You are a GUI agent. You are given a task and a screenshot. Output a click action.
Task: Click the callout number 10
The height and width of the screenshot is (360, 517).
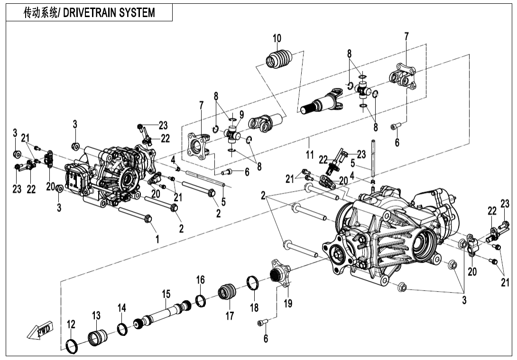tap(277, 38)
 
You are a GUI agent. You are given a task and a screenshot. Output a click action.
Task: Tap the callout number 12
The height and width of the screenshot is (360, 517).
tap(71, 324)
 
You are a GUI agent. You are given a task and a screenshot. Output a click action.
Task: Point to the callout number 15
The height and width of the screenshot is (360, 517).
tap(166, 294)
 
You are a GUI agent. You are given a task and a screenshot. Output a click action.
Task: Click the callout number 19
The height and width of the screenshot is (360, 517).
tap(288, 304)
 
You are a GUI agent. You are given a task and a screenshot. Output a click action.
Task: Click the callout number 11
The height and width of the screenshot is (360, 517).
tap(310, 154)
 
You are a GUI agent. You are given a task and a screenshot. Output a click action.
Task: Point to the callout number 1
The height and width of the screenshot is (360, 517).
tap(157, 239)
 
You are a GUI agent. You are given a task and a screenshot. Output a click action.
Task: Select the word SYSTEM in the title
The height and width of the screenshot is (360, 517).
tap(137, 12)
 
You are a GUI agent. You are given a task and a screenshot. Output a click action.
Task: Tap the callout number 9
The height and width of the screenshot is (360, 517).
tap(241, 114)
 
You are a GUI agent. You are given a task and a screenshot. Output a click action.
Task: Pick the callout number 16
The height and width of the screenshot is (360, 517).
tap(201, 280)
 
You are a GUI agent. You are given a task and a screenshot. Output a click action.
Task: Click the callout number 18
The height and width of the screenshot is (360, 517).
tap(254, 307)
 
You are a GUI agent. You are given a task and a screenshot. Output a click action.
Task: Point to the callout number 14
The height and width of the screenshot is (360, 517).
tap(122, 308)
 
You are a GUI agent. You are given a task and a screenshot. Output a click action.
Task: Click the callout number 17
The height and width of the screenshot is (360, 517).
tap(230, 315)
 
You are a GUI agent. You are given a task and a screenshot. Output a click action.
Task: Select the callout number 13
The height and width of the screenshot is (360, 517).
tap(96, 315)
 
